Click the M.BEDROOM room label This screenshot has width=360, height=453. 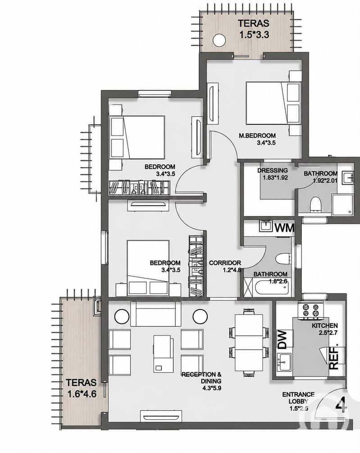point(257,136)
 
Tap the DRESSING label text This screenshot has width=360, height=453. point(273,171)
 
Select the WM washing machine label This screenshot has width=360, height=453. point(284,228)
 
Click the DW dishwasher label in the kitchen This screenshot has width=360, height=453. point(282,339)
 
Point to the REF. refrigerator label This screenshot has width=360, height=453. point(334,356)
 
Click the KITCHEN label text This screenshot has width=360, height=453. point(325,326)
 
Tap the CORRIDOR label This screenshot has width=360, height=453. point(225,263)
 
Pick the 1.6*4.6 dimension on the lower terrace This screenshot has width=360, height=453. point(82,394)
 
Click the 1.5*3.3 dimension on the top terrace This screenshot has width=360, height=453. point(254,35)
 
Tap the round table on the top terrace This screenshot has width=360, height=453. point(219,40)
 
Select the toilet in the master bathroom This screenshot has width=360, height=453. point(315,204)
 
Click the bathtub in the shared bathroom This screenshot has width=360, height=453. point(271,286)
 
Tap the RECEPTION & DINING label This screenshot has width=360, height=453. point(201,378)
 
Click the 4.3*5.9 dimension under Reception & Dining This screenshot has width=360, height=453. point(212,388)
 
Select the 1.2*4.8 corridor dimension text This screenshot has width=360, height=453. point(232,270)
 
